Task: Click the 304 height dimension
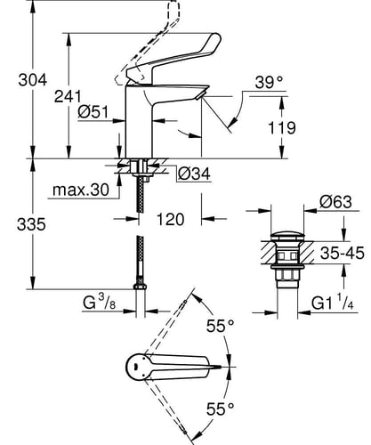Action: coord(33,80)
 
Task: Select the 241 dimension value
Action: coord(68,96)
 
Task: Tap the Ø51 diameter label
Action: coord(93,112)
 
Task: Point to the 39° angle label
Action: coord(269,82)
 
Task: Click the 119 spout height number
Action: coord(282,128)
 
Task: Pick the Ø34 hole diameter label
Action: coord(194,174)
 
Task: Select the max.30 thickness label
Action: coord(81,190)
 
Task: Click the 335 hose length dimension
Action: coord(31,224)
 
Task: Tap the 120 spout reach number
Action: coord(170,220)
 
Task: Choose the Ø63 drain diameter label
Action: coord(335,202)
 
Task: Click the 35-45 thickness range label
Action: coord(343,254)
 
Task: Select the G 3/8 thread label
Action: coord(100,303)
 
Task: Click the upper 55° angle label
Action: coord(221,327)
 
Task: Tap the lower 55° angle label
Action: coord(221,409)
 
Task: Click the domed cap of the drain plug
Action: coord(287,237)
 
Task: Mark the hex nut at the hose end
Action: coord(140,287)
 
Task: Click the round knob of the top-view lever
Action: coord(136,367)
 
